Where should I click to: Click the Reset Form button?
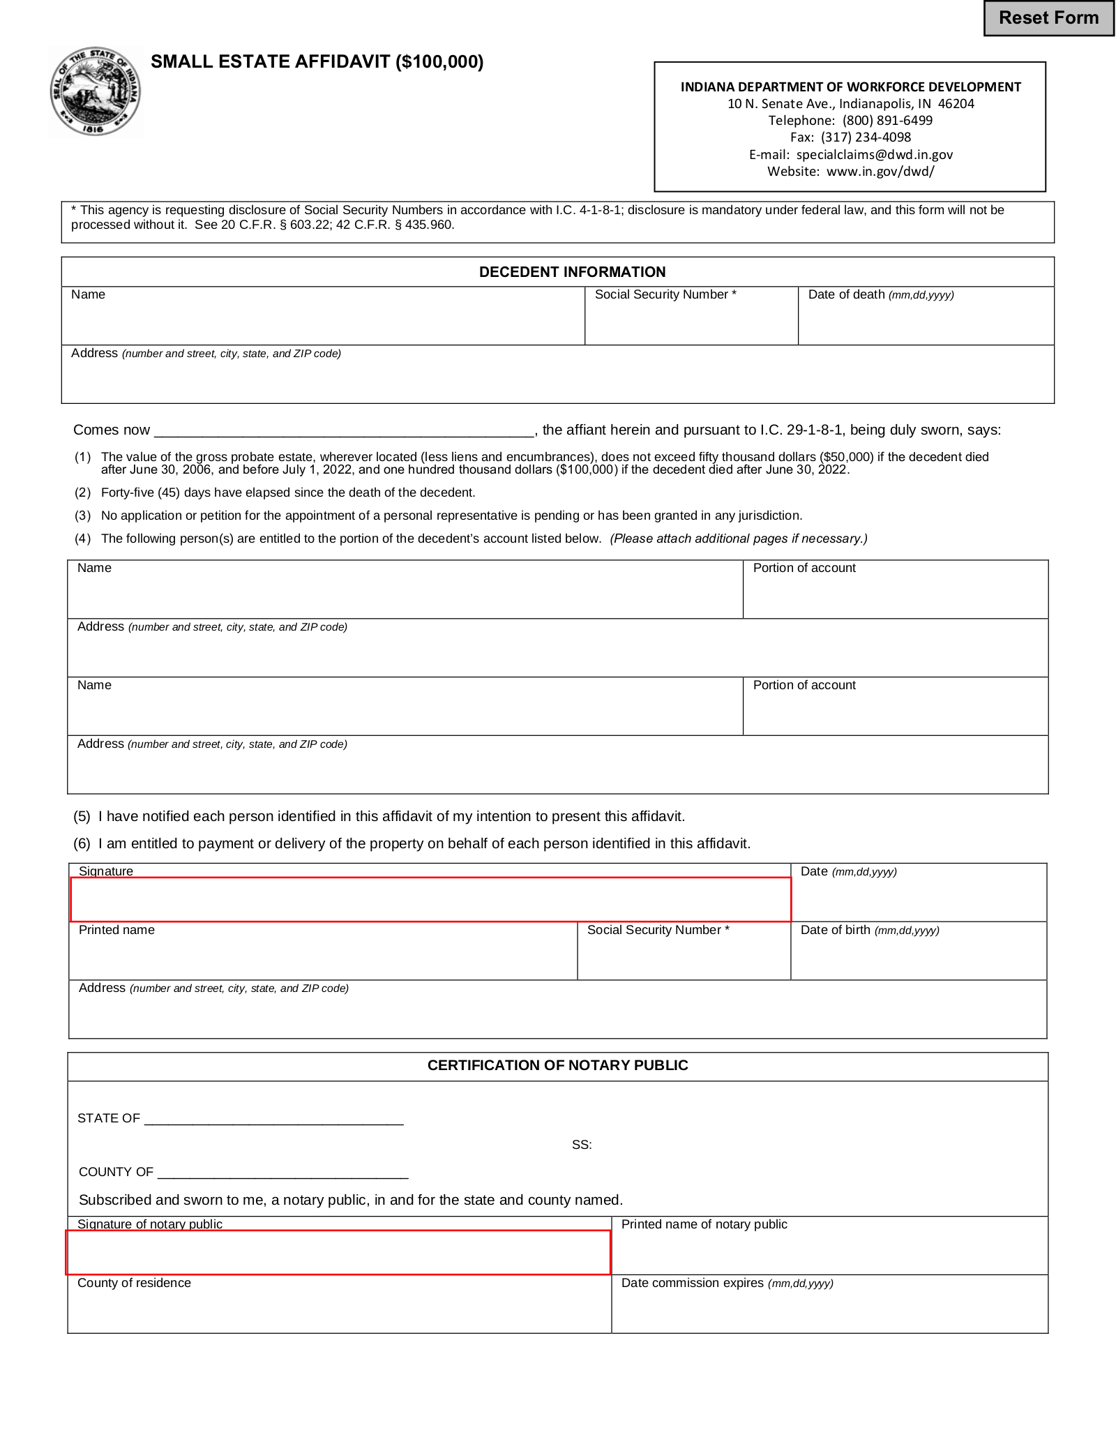click(1048, 18)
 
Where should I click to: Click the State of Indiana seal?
click(96, 91)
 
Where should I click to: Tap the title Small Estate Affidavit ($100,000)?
click(317, 62)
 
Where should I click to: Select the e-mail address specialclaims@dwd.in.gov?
click(874, 154)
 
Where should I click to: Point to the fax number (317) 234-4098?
click(866, 137)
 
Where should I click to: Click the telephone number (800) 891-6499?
click(887, 121)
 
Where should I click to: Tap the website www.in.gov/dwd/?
click(880, 172)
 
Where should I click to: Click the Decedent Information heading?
click(572, 272)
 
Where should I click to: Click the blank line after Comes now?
click(344, 430)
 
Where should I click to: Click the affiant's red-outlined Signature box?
click(430, 899)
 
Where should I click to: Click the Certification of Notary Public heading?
click(557, 1065)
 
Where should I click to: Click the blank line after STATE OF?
click(273, 1118)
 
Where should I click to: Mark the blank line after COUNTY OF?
click(282, 1171)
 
